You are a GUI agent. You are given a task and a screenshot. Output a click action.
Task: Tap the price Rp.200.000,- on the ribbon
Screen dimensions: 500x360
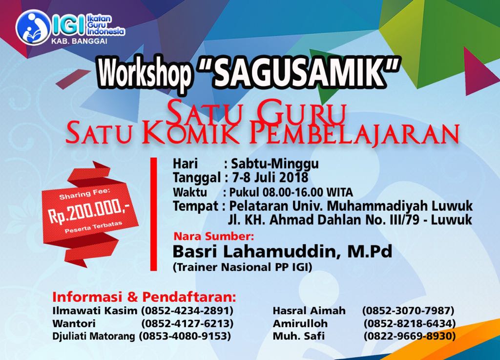tap(89, 212)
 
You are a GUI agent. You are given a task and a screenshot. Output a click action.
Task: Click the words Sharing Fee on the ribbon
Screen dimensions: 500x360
tap(84, 194)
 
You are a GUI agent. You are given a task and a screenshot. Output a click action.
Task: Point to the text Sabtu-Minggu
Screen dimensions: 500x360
tap(274, 164)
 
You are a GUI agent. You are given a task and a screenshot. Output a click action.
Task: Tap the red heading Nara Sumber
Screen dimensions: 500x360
tap(214, 236)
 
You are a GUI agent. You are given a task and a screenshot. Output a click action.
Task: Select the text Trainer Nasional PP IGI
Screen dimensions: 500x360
tap(242, 267)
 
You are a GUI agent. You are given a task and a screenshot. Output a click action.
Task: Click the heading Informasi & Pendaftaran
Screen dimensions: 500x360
tap(144, 297)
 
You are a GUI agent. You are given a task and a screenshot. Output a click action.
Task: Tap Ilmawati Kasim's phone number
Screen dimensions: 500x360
tap(187, 311)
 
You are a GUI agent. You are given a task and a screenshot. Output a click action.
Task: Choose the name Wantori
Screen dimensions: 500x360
tap(74, 323)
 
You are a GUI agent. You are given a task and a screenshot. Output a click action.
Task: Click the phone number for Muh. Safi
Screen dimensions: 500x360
tap(410, 336)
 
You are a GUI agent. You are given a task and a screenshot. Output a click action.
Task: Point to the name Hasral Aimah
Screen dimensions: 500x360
tap(309, 311)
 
